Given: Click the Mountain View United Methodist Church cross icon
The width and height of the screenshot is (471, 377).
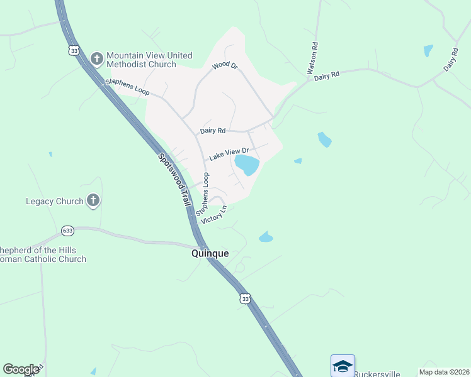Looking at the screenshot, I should tap(96, 59).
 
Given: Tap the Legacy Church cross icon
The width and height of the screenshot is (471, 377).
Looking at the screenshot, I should tap(93, 201).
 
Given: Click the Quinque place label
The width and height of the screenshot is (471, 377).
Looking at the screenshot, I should tap(210, 254).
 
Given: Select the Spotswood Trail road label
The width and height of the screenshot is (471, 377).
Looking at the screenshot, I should tap(173, 182).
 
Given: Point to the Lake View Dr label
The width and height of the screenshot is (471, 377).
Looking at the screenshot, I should tap(229, 154).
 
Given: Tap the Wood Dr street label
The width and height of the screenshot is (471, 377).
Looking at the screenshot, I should tap(225, 65).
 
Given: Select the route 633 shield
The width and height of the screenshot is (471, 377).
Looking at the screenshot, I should tap(68, 231).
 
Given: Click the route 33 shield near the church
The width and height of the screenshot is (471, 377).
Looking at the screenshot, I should tap(75, 50).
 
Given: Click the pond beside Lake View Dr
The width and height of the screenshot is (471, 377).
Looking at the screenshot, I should tap(247, 165).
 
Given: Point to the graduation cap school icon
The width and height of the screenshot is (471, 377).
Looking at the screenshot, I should tap(343, 366).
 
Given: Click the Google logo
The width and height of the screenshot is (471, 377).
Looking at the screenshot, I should tap(21, 369).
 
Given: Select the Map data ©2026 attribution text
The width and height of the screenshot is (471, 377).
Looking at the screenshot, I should tap(445, 372).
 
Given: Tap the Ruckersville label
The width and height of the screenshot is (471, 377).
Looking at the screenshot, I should tap(377, 374).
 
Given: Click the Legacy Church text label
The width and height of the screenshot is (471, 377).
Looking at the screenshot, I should tap(55, 201).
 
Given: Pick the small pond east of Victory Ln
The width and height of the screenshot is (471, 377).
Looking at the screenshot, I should tap(266, 237).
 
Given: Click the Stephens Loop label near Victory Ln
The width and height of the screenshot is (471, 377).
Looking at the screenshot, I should tap(203, 195).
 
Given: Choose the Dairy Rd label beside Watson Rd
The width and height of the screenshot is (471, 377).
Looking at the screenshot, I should tap(327, 75).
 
